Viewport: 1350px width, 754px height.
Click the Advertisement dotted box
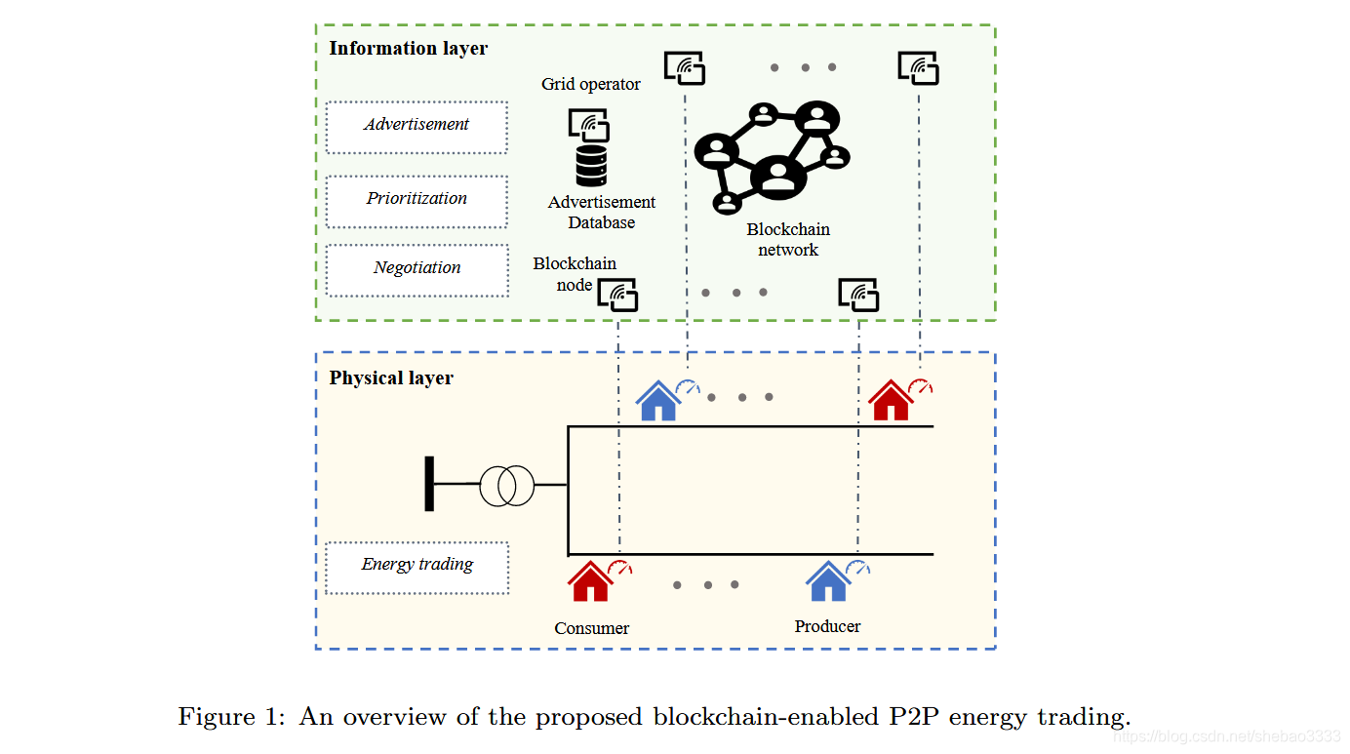(x=417, y=127)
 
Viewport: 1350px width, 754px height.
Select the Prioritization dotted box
(x=417, y=201)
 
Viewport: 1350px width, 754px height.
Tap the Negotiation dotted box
(x=417, y=270)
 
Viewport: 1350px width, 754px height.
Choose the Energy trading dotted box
(x=417, y=567)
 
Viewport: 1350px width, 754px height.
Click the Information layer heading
(x=408, y=48)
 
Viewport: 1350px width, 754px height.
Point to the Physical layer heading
(x=391, y=377)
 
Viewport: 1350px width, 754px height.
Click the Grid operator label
(x=591, y=84)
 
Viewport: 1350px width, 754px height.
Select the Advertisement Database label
(x=602, y=212)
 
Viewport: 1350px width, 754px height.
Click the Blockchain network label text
(x=788, y=239)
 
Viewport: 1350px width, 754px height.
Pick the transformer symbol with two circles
(x=507, y=485)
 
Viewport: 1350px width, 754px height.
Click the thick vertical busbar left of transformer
(x=429, y=484)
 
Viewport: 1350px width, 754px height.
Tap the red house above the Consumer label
(x=589, y=582)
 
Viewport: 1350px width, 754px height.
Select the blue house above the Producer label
(x=827, y=582)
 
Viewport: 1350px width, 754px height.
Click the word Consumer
(x=592, y=628)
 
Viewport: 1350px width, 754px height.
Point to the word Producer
(x=827, y=626)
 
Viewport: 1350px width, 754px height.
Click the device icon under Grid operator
(x=589, y=125)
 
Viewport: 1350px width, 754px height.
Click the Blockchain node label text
(x=575, y=274)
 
